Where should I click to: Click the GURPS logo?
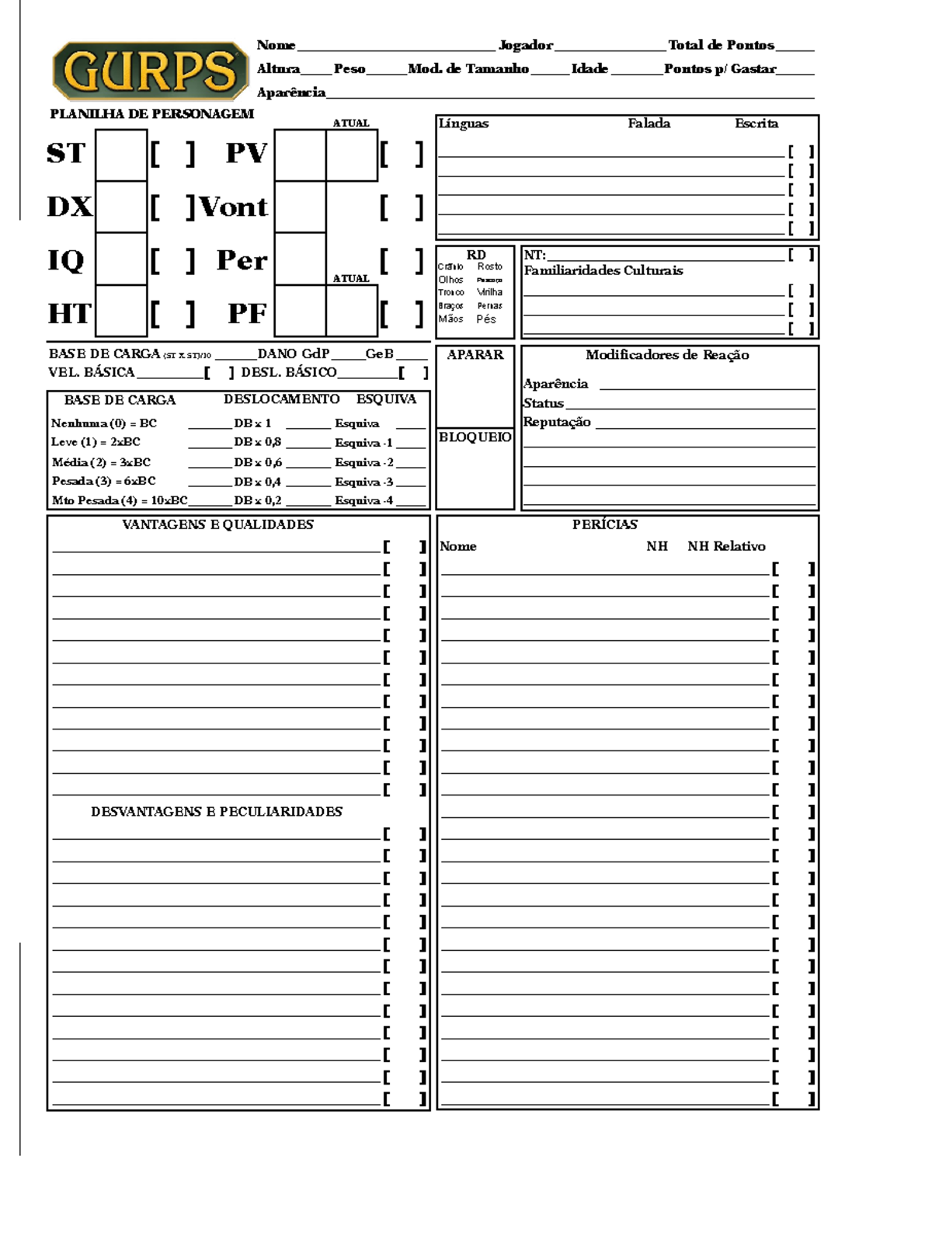click(150, 71)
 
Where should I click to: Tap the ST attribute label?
click(65, 153)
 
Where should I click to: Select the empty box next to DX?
click(121, 207)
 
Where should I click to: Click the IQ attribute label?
click(65, 260)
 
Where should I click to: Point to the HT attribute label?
click(68, 314)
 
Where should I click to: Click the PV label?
click(246, 153)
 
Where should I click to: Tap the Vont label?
click(234, 207)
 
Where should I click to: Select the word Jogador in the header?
click(526, 45)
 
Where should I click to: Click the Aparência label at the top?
click(291, 92)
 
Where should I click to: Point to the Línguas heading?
click(464, 124)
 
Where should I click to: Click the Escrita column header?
click(756, 124)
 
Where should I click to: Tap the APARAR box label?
click(475, 355)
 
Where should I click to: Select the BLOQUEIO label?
click(475, 437)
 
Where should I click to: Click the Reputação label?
click(557, 422)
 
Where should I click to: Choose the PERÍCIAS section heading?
click(604, 524)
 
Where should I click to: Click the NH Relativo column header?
click(726, 546)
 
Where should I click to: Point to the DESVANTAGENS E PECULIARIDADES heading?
click(216, 811)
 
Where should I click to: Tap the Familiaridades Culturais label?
click(603, 270)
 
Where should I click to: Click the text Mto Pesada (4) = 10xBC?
click(120, 500)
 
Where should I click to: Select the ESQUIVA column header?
click(386, 399)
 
